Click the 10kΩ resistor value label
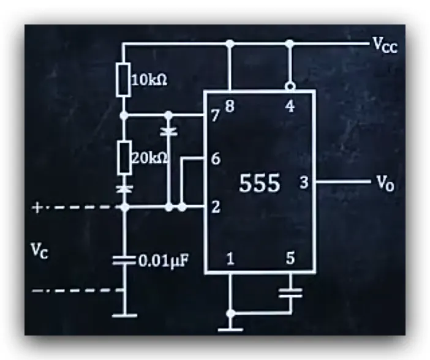click(x=149, y=80)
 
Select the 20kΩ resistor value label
click(x=149, y=158)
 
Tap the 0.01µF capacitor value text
click(x=164, y=261)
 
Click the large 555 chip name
click(x=260, y=183)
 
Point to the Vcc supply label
click(x=385, y=45)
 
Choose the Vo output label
click(x=385, y=183)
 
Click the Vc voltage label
click(x=40, y=250)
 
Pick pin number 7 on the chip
click(x=216, y=116)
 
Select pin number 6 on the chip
click(x=216, y=159)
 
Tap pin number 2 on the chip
click(x=216, y=208)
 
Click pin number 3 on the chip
click(x=304, y=182)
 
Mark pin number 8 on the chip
click(x=230, y=107)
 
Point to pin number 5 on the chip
click(x=290, y=258)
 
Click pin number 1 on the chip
click(x=230, y=259)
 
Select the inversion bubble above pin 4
click(x=290, y=87)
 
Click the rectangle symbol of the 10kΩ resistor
click(x=123, y=80)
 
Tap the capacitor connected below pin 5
click(x=290, y=293)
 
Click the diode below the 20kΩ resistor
click(x=124, y=189)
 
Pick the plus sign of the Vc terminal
click(x=37, y=208)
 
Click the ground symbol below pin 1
click(x=230, y=329)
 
